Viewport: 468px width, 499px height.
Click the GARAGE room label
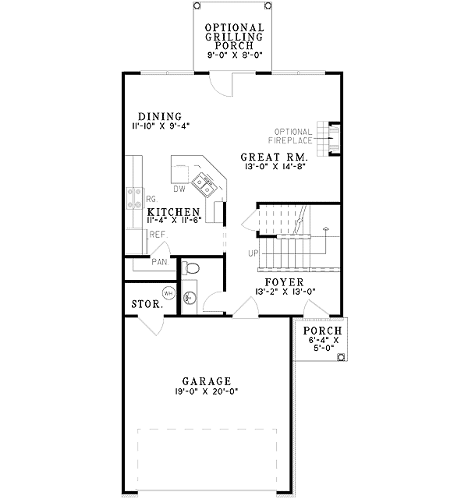[207, 381]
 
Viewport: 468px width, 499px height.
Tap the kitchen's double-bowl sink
[204, 186]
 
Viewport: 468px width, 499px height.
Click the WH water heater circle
[168, 293]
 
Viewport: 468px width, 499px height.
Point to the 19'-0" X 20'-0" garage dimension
[207, 391]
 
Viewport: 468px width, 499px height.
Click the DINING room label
[160, 116]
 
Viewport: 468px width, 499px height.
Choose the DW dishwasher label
[179, 189]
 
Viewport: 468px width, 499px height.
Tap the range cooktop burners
[134, 198]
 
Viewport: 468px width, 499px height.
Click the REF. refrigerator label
[158, 235]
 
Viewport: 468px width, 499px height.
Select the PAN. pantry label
[160, 262]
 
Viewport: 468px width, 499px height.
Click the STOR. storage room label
[147, 304]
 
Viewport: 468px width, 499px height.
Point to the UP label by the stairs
[253, 253]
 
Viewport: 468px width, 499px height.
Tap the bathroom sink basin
[189, 298]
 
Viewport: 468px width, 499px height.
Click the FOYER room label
[284, 282]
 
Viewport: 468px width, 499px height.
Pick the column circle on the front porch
[341, 357]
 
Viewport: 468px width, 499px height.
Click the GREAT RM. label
[274, 157]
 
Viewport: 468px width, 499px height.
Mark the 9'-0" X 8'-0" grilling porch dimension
[235, 55]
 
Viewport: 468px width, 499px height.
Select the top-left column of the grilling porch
[197, 5]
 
